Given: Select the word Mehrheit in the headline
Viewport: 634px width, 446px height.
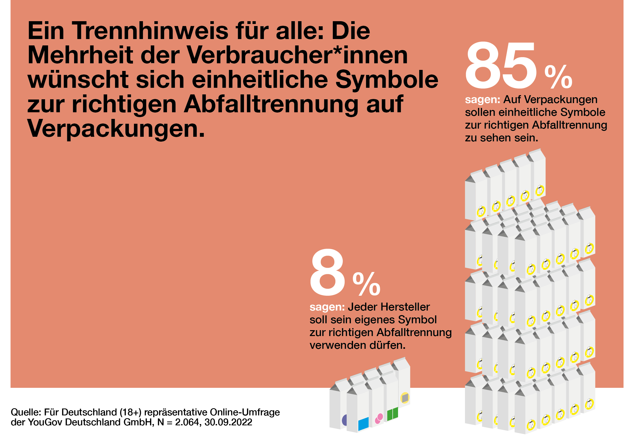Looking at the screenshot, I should tap(80, 55).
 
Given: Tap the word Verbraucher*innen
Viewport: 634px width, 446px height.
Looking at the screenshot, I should tap(297, 55).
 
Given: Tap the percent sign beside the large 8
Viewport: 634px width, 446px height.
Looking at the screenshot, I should tap(366, 284).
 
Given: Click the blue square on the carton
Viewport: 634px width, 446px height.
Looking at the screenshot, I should tap(363, 424).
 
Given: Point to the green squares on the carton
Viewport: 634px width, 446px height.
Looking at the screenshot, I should tap(392, 414).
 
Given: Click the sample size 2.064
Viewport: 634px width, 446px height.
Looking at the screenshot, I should tap(187, 422).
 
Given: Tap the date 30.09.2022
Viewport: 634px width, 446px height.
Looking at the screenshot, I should tap(228, 422).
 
